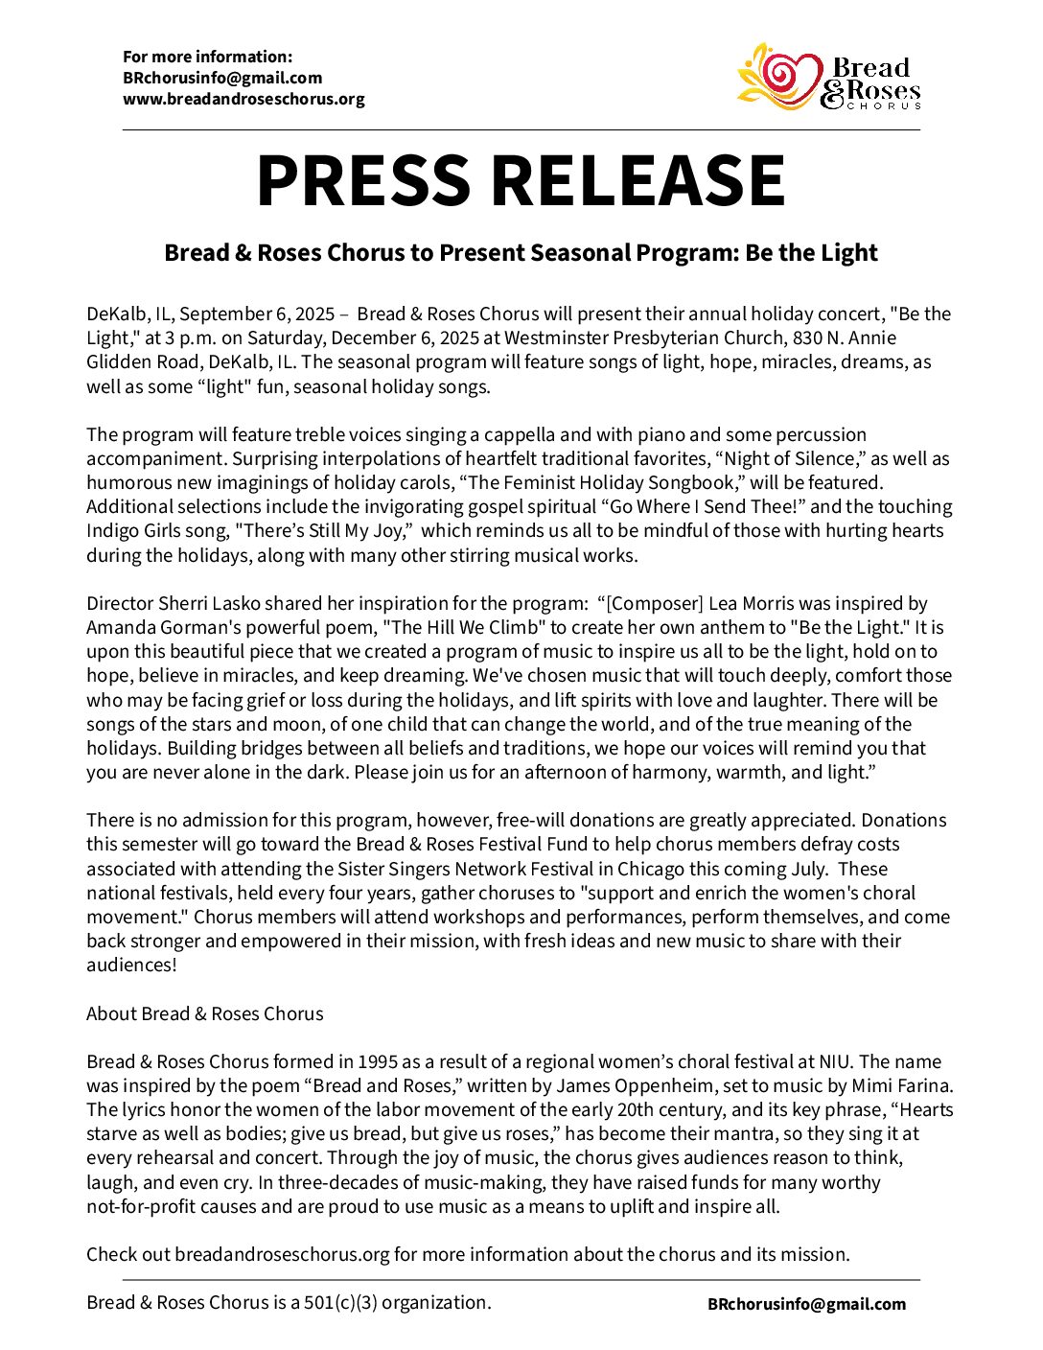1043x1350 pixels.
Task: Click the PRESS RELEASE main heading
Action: (521, 180)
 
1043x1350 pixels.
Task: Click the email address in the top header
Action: (222, 78)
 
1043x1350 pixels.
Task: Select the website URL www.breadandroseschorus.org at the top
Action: (243, 99)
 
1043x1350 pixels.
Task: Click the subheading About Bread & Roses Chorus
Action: (205, 1013)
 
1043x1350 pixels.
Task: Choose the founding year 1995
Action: (378, 1061)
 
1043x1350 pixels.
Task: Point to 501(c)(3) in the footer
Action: (340, 1302)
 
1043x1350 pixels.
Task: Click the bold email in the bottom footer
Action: (806, 1304)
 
